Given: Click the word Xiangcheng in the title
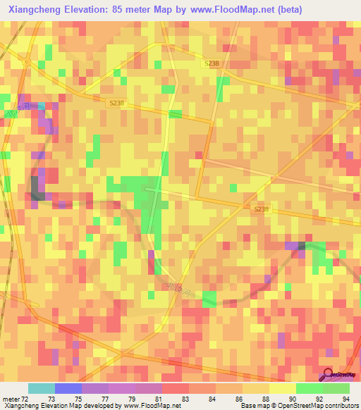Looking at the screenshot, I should pos(32,9).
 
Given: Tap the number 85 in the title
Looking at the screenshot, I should pos(117,9).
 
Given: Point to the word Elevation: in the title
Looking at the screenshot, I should pos(85,9).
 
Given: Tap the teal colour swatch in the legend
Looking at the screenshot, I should pos(41,388).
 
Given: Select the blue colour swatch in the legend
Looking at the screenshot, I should pos(68,388).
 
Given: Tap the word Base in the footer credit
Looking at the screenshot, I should pos(247,406).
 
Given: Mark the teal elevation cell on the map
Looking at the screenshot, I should pos(42,106).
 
